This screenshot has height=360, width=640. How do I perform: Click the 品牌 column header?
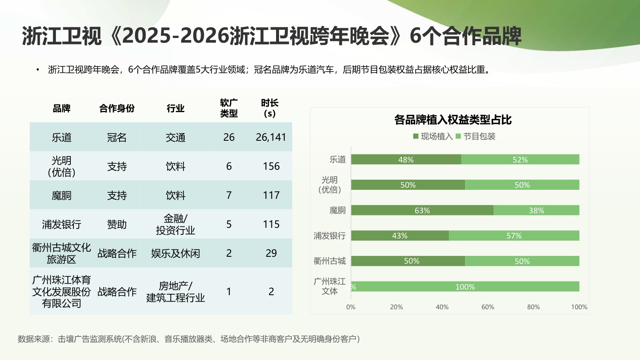[61, 108]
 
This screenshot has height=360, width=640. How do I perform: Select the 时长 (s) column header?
[270, 108]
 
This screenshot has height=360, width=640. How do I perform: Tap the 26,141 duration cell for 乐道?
[271, 137]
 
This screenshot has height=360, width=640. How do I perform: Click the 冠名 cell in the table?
[117, 137]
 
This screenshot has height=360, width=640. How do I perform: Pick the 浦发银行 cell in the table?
[61, 224]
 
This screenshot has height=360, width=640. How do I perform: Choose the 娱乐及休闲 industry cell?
[175, 253]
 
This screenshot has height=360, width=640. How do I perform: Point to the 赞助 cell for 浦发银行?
[117, 224]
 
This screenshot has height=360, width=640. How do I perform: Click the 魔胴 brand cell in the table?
[61, 195]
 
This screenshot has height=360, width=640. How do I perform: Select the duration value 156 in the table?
[271, 166]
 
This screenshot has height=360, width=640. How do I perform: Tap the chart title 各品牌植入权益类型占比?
[453, 120]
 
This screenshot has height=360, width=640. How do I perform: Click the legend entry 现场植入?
[433, 136]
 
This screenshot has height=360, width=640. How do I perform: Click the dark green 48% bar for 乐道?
[406, 160]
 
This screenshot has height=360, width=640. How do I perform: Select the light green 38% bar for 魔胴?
[536, 210]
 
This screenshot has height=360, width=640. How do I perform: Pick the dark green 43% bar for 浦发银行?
[400, 235]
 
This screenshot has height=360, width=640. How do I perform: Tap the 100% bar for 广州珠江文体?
[465, 287]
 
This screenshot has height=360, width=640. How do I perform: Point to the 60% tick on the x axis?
[488, 307]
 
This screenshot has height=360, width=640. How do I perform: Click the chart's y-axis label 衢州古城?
[329, 261]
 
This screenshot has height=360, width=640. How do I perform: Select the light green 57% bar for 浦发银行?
[514, 235]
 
